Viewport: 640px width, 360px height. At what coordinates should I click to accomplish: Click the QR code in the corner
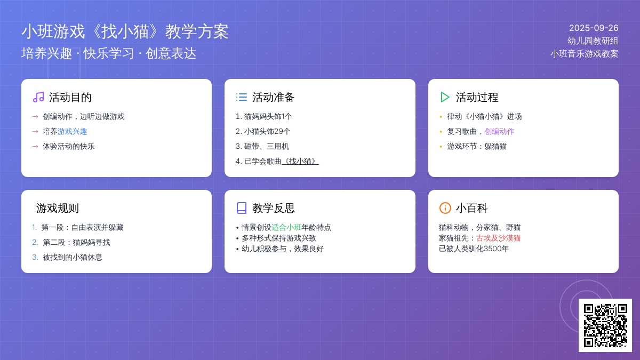point(605,325)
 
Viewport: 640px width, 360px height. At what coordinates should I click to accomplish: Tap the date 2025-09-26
point(594,28)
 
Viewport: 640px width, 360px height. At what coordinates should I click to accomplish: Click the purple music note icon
point(38,97)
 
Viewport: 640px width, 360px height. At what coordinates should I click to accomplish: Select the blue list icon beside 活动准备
point(242,97)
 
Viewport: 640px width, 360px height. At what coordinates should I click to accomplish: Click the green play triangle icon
point(445,97)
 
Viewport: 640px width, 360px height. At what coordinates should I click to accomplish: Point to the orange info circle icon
point(445,208)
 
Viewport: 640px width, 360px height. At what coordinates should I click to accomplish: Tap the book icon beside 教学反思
point(242,208)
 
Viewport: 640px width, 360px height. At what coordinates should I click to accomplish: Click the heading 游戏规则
point(58,208)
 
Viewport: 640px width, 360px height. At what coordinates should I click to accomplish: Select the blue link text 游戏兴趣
point(73,131)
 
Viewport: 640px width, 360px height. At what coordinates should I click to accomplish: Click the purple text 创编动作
point(499,131)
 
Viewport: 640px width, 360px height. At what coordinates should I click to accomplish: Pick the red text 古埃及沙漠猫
point(498,238)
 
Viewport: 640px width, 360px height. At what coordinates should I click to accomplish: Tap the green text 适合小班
point(286,227)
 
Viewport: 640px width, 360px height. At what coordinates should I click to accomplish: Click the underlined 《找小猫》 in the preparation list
point(300,161)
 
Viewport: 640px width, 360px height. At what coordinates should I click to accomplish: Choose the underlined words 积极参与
point(271,249)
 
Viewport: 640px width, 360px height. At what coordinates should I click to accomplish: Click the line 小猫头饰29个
point(263,131)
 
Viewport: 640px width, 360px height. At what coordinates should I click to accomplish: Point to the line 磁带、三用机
point(262,146)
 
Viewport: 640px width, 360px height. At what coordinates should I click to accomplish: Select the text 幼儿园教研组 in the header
point(593,41)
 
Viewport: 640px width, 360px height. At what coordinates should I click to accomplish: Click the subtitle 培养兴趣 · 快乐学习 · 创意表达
point(109,53)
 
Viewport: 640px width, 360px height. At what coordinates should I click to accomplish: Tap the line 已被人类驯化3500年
point(474,249)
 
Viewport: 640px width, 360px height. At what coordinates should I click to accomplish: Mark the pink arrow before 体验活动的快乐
point(35,147)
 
